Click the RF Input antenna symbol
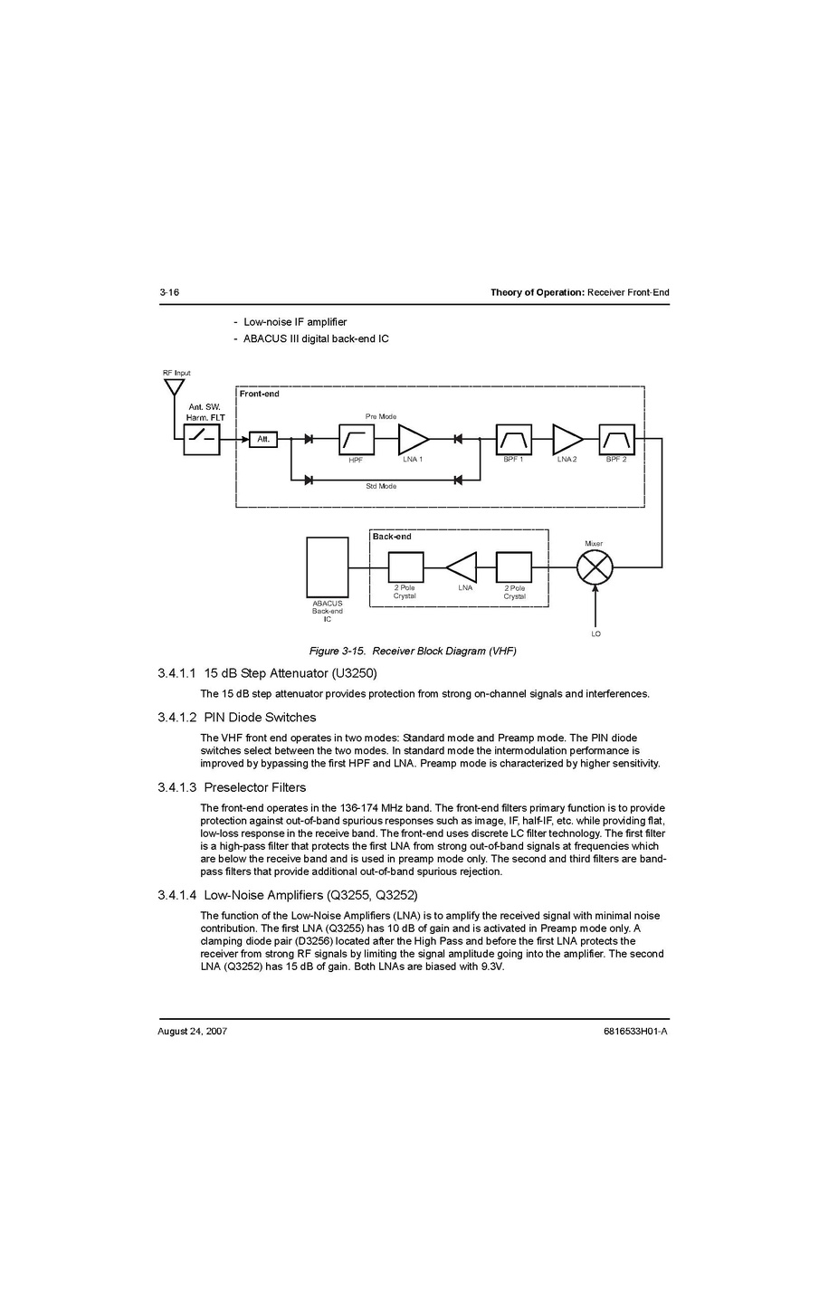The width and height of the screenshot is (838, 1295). point(174,387)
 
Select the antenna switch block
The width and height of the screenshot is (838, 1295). point(202,440)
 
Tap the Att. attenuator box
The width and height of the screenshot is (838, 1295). point(263,440)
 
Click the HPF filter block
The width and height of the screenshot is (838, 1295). point(357,440)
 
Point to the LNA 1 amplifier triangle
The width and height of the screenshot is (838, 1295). point(413,440)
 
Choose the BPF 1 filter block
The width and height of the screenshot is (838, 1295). point(513,440)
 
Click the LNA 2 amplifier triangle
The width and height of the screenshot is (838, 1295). point(567,440)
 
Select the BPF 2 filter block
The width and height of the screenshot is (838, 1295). point(616,440)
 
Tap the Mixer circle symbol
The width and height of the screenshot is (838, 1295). point(595,568)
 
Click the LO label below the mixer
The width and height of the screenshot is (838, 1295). point(595,633)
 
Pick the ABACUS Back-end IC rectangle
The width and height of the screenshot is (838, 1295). point(328,567)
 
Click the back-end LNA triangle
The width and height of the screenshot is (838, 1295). point(462,567)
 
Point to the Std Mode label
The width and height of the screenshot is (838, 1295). point(381,487)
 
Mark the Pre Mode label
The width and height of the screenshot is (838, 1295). point(381,416)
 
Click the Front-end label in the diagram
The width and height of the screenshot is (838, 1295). point(260,394)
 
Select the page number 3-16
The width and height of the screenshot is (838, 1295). point(169,292)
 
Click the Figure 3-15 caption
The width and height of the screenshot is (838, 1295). point(413,651)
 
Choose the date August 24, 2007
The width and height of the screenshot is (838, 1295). point(192,1032)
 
